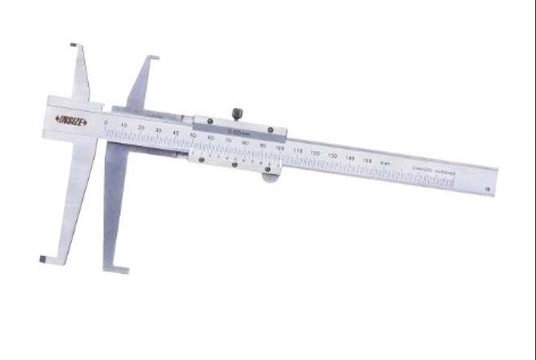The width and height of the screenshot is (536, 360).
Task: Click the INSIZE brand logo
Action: [x=71, y=121]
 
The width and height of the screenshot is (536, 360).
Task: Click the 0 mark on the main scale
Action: [x=106, y=123]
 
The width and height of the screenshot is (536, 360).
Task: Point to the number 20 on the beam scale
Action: [x=141, y=128]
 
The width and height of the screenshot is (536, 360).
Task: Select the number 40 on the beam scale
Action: [x=175, y=132]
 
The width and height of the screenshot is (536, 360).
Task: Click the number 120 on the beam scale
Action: [x=316, y=153]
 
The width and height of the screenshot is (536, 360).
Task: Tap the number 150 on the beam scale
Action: [x=366, y=160]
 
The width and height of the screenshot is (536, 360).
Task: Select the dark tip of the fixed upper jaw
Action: [x=73, y=44]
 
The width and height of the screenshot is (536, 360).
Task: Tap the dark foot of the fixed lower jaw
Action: [x=43, y=259]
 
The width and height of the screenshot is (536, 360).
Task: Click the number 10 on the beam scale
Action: [x=124, y=125]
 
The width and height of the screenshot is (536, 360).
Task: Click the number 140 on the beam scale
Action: [x=350, y=158]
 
